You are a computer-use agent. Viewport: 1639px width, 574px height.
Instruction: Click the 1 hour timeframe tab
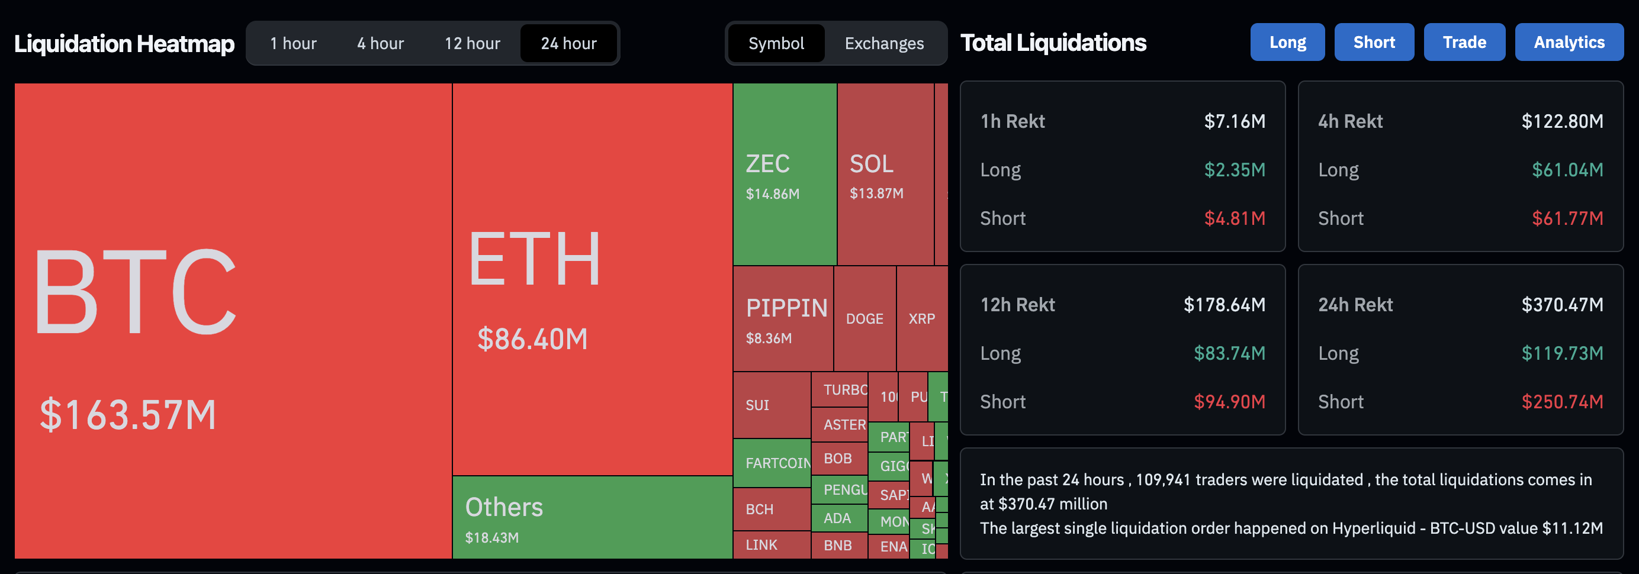(293, 43)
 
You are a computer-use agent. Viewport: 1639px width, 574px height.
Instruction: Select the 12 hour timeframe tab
(472, 43)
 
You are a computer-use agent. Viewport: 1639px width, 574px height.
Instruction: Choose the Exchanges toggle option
(884, 43)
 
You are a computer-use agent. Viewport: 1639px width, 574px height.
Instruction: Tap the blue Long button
(1287, 42)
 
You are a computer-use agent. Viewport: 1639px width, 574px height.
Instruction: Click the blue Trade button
(1464, 42)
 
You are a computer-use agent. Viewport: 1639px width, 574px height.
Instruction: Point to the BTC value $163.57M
(128, 414)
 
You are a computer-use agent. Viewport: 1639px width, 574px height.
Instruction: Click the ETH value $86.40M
(532, 339)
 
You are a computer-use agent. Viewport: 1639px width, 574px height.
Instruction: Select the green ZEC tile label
(767, 164)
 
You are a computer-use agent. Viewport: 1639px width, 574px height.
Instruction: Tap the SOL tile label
(872, 164)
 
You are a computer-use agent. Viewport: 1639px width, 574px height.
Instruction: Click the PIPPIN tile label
(786, 308)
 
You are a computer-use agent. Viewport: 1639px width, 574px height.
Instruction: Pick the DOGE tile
(864, 318)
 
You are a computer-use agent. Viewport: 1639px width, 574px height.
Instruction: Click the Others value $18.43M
(492, 538)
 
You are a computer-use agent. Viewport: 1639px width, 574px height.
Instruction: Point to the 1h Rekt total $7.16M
(1235, 121)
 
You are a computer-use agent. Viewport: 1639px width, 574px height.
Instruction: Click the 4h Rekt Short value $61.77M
(1567, 218)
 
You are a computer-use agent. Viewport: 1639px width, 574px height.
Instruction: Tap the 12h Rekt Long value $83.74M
(1229, 353)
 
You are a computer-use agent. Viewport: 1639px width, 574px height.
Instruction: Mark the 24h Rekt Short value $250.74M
(1562, 402)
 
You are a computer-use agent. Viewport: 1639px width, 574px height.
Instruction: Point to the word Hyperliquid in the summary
(1374, 528)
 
